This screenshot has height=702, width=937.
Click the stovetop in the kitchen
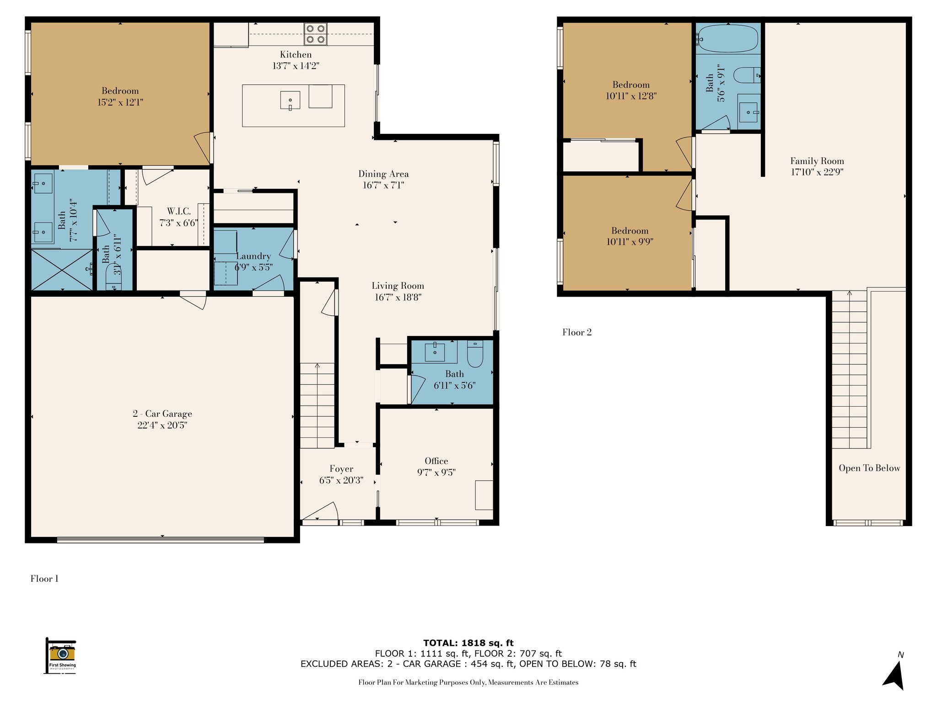pyautogui.click(x=316, y=34)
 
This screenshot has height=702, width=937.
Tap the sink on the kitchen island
pyautogui.click(x=290, y=101)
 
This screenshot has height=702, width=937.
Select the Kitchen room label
pyautogui.click(x=296, y=54)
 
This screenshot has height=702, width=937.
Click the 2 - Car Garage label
pyautogui.click(x=162, y=414)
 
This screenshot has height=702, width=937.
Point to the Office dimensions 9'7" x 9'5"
pyautogui.click(x=436, y=473)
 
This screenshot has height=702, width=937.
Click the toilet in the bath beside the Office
pyautogui.click(x=475, y=354)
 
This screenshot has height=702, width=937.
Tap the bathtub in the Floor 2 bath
pyautogui.click(x=727, y=38)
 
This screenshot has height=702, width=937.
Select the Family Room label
pyautogui.click(x=817, y=161)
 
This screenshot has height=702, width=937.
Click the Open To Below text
pyautogui.click(x=869, y=468)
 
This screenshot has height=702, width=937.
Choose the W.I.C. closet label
pyautogui.click(x=179, y=211)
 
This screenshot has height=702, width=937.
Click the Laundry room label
pyautogui.click(x=253, y=256)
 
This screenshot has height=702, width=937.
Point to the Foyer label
pyautogui.click(x=341, y=469)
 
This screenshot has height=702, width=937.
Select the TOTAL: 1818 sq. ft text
pyautogui.click(x=468, y=643)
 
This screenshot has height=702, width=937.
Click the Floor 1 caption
pyautogui.click(x=44, y=579)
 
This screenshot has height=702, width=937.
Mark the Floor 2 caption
pyautogui.click(x=577, y=332)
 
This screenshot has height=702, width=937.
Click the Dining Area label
pyautogui.click(x=383, y=174)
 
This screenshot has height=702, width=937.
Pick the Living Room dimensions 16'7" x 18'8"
pyautogui.click(x=398, y=297)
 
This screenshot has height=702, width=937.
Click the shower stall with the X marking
pyautogui.click(x=61, y=270)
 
